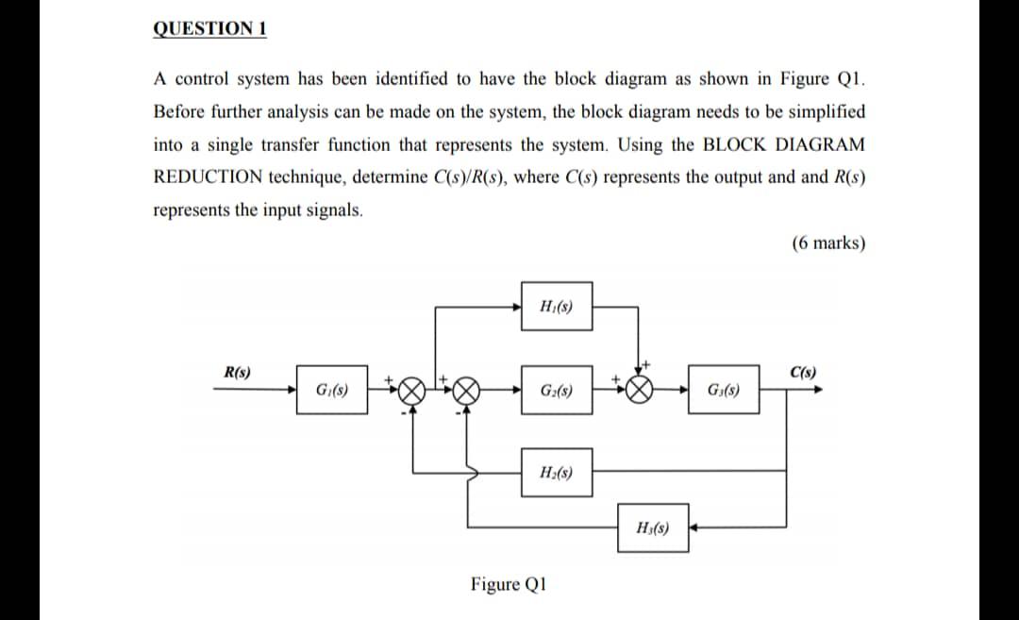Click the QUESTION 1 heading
[209, 27]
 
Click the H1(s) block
[557, 306]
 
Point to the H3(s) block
[654, 527]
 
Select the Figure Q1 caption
[509, 584]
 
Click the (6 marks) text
[827, 243]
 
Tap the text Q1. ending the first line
[849, 78]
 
